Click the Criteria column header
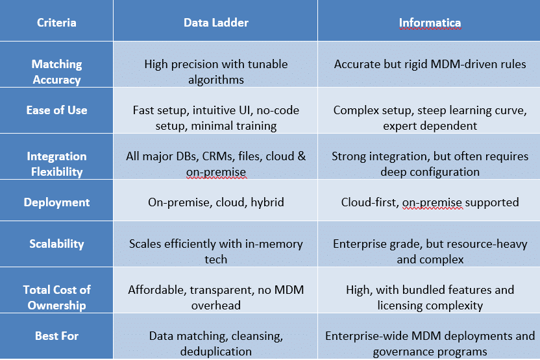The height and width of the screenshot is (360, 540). tap(56, 23)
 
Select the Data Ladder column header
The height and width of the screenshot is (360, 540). tap(216, 23)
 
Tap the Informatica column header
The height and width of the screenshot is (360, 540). tap(430, 23)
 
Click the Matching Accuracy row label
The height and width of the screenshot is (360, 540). tap(57, 71)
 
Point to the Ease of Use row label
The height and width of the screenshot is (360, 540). tap(57, 110)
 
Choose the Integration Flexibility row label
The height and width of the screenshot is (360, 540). tap(57, 164)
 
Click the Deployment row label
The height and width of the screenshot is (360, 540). tap(57, 202)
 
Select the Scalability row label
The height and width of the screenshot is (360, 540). tap(57, 244)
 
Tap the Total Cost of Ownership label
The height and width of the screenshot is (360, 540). tap(57, 297)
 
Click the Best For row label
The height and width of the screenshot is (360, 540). tap(57, 336)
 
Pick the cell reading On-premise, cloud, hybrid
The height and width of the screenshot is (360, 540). tap(216, 202)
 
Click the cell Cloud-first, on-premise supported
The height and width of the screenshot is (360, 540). tap(430, 202)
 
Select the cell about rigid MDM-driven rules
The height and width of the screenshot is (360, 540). tap(430, 64)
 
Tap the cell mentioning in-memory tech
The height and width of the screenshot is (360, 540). tap(216, 251)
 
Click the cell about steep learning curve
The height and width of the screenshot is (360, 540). tap(430, 117)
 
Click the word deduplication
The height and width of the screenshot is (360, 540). tap(216, 352)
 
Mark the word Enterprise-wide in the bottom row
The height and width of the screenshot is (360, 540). tap(367, 336)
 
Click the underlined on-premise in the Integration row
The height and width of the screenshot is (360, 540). tap(216, 172)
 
